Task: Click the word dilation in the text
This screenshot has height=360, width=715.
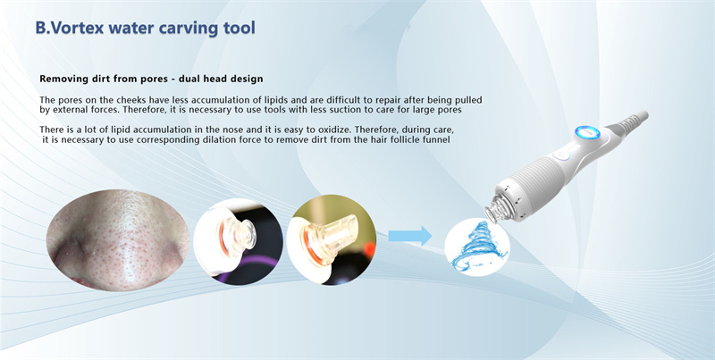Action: (x=199, y=140)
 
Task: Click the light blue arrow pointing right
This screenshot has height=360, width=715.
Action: (x=410, y=237)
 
